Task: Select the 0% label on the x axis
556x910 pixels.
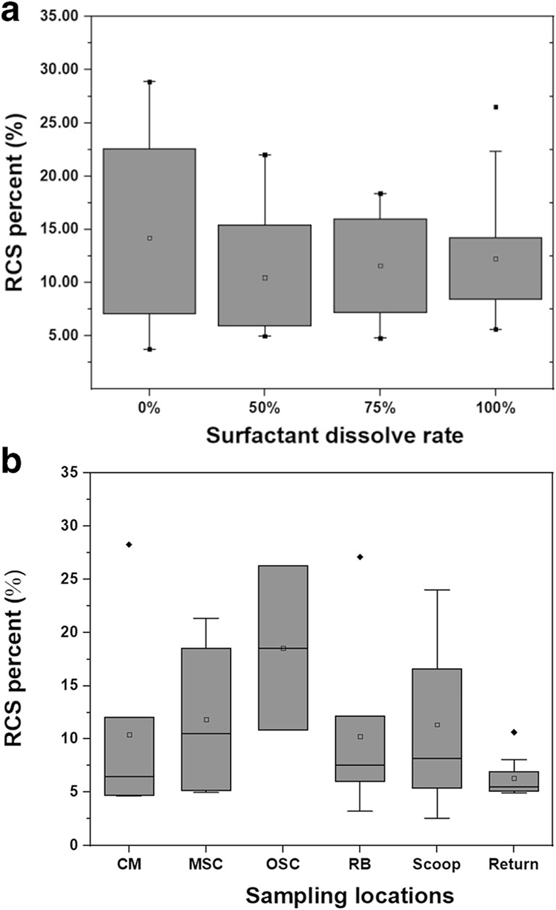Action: (x=150, y=408)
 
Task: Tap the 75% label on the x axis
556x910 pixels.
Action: (x=380, y=408)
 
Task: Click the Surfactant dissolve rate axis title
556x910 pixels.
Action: (x=334, y=435)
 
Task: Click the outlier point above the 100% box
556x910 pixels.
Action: (x=496, y=107)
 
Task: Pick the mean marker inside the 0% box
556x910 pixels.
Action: (x=150, y=238)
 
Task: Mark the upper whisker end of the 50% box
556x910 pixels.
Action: (x=265, y=155)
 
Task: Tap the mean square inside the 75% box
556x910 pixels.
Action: (x=380, y=266)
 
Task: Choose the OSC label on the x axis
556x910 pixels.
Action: (x=283, y=864)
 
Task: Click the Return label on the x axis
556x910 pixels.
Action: (x=513, y=864)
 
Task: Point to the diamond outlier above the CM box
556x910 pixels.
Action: (x=129, y=545)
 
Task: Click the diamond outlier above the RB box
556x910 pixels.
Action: (x=360, y=557)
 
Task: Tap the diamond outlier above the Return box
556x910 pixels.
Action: (x=514, y=732)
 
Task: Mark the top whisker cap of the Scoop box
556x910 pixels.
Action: (x=437, y=590)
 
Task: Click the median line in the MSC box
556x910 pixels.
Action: (x=206, y=734)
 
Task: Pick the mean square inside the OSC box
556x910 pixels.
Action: (x=283, y=648)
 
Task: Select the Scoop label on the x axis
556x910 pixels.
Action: (x=436, y=864)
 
